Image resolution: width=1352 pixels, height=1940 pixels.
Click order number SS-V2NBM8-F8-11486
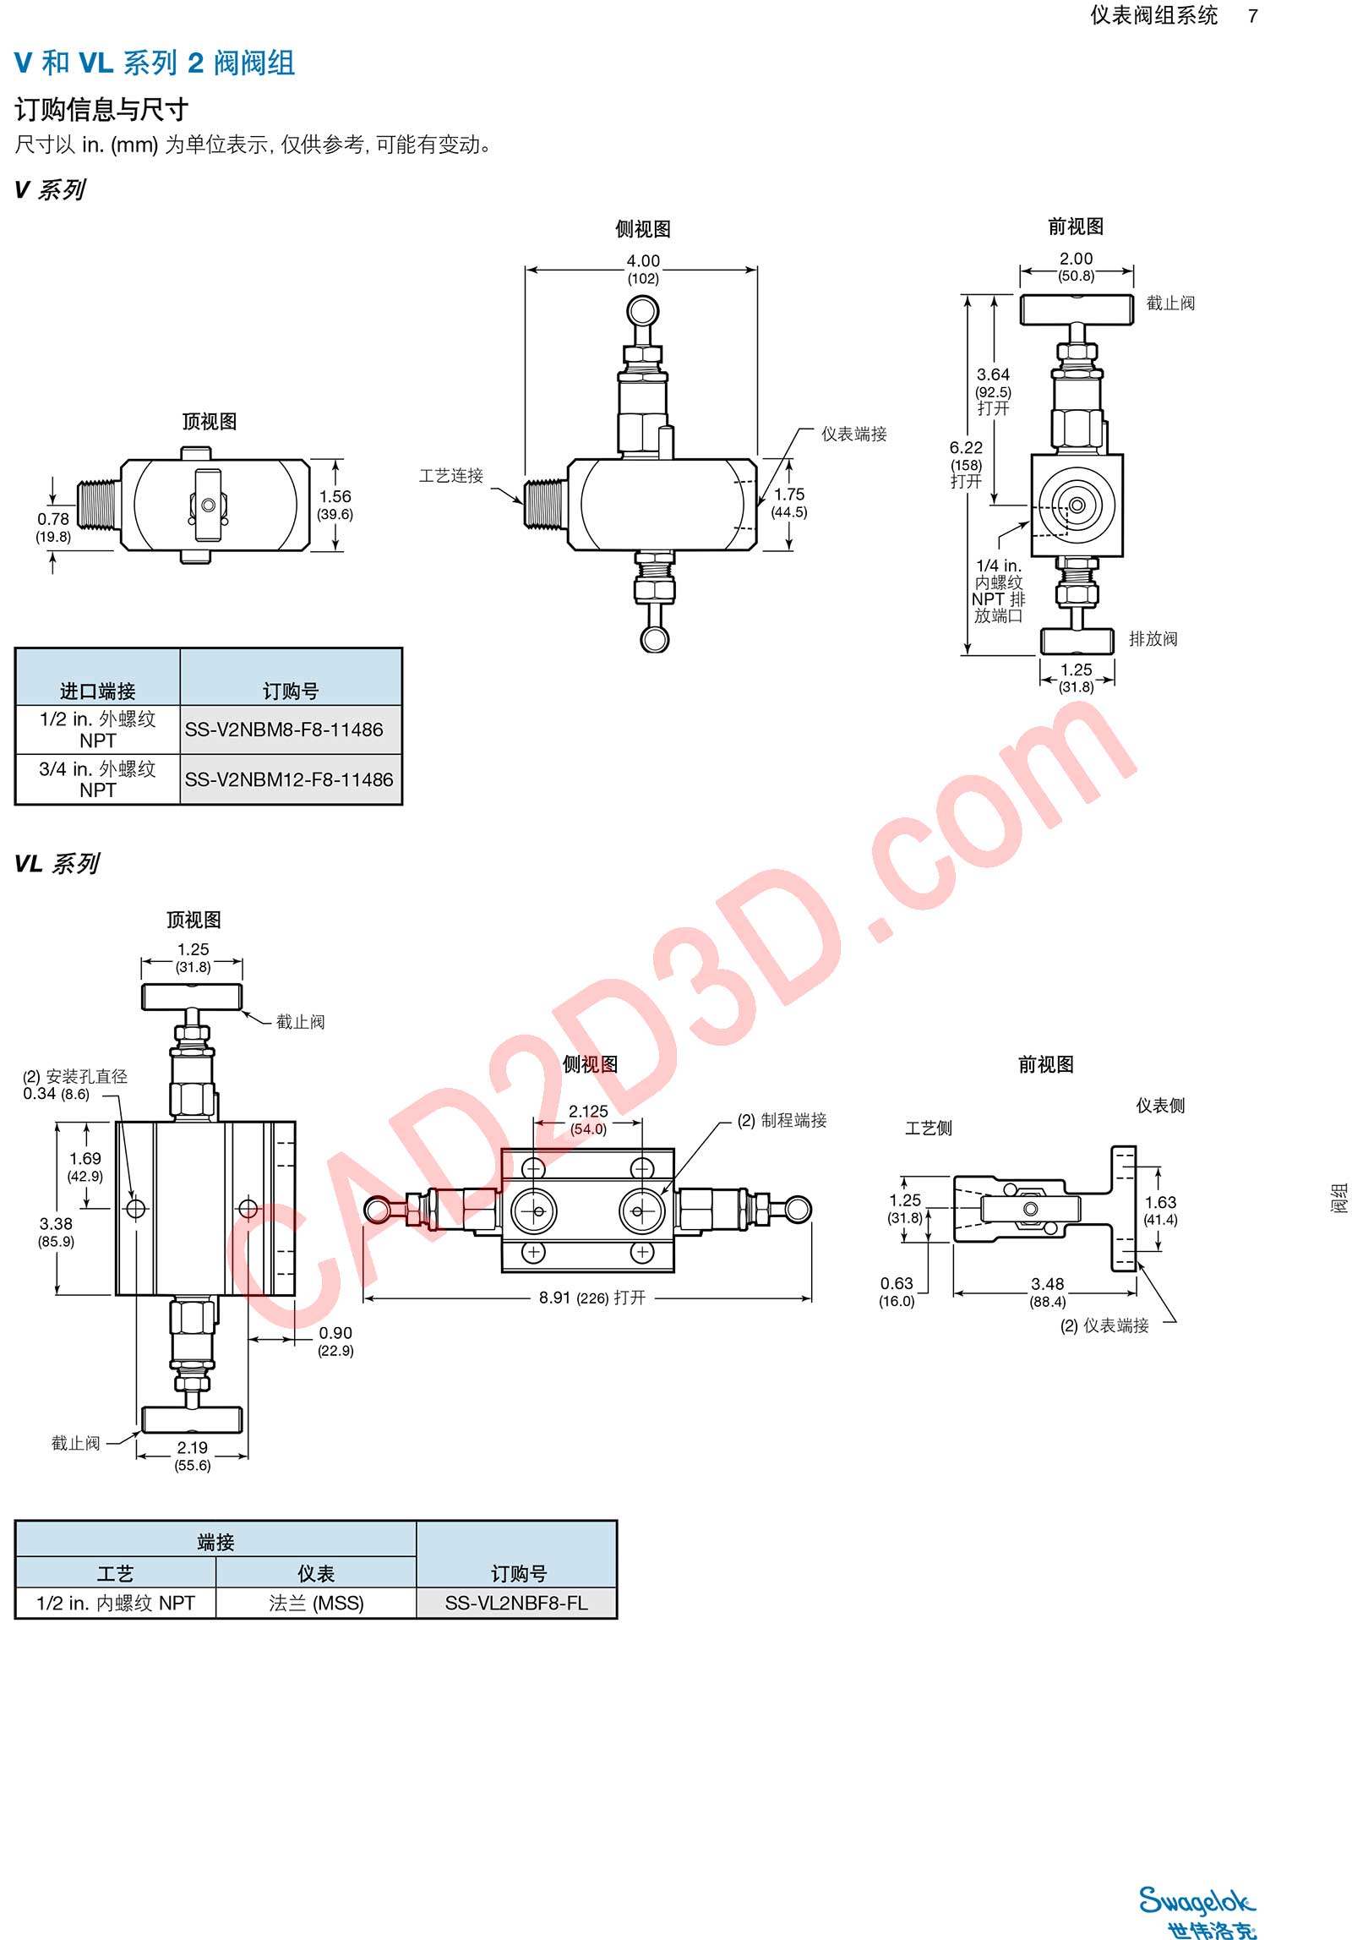click(x=284, y=730)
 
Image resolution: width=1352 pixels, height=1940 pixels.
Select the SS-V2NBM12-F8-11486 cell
click(x=289, y=779)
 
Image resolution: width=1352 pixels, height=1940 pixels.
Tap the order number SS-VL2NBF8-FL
click(x=516, y=1603)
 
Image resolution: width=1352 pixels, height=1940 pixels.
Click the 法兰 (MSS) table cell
click(x=316, y=1603)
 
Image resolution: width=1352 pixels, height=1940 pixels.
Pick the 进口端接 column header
click(x=97, y=691)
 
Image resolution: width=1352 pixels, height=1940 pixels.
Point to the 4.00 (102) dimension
click(x=643, y=269)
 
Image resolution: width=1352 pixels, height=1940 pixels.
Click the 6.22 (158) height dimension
click(x=967, y=464)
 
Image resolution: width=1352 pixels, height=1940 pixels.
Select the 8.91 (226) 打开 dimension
click(x=592, y=1298)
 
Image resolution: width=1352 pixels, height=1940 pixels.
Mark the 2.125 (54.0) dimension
click(x=588, y=1120)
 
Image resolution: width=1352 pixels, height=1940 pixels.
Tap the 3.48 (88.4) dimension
click(x=1048, y=1292)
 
